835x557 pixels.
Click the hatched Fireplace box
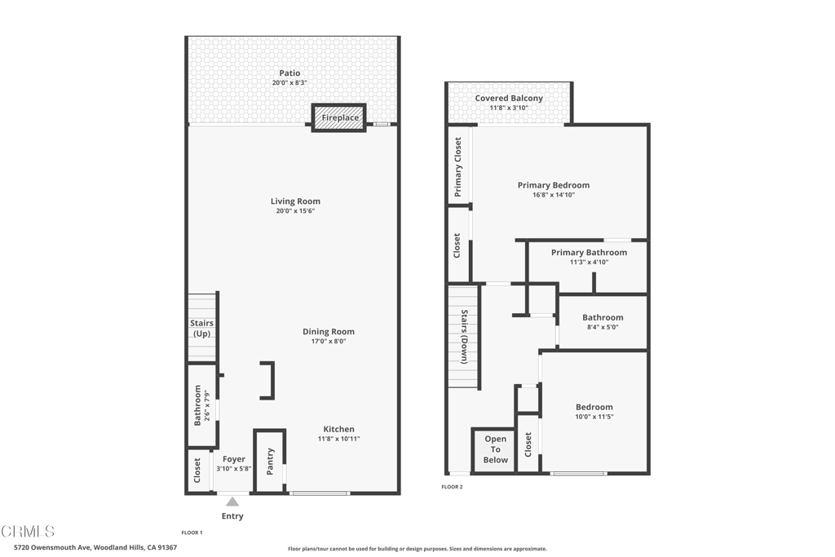point(339,117)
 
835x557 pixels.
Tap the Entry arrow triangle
point(232,502)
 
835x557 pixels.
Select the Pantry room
point(270,461)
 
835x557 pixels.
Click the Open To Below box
point(495,449)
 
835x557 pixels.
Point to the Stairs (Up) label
point(201,329)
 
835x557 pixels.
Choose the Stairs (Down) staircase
point(462,335)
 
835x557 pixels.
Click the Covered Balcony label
point(509,98)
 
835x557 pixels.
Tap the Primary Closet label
point(458,166)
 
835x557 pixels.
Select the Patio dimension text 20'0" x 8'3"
point(289,83)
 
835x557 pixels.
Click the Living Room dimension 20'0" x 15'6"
point(295,211)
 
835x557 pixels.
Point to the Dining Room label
point(329,331)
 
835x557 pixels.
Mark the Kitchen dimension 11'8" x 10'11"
point(338,439)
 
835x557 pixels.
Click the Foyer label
point(234,459)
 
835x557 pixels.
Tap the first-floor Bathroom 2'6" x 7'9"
point(201,405)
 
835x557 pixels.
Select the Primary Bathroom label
point(589,252)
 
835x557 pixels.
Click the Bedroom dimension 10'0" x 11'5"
point(594,417)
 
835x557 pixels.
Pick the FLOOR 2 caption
point(452,487)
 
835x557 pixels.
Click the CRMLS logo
point(29,532)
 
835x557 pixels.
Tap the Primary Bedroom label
point(553,185)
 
